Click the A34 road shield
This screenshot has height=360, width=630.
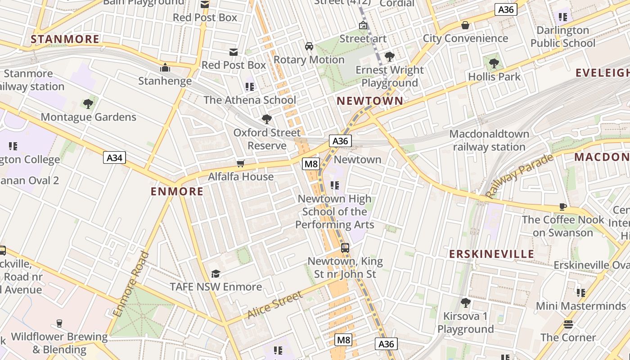114,157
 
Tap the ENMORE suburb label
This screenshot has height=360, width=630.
177,192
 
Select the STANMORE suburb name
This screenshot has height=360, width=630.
65,39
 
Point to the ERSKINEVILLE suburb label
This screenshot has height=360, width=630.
492,254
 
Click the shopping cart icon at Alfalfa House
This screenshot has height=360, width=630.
241,163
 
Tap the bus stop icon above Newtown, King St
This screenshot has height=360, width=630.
345,247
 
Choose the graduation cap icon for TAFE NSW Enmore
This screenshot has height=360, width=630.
216,274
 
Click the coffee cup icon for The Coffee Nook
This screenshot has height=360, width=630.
562,207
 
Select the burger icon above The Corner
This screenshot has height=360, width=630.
568,324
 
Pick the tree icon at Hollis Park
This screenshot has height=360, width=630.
494,63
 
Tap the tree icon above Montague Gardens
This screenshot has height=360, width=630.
88,104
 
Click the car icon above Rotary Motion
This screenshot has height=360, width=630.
309,46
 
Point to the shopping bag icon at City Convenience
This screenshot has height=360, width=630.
465,25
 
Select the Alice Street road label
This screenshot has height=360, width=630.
275,305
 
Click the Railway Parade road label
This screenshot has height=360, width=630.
519,176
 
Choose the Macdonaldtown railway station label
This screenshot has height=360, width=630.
489,140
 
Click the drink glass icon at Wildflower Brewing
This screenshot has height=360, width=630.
59,323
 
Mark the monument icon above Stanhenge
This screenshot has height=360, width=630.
165,68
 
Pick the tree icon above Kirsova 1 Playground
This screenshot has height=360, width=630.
465,303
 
